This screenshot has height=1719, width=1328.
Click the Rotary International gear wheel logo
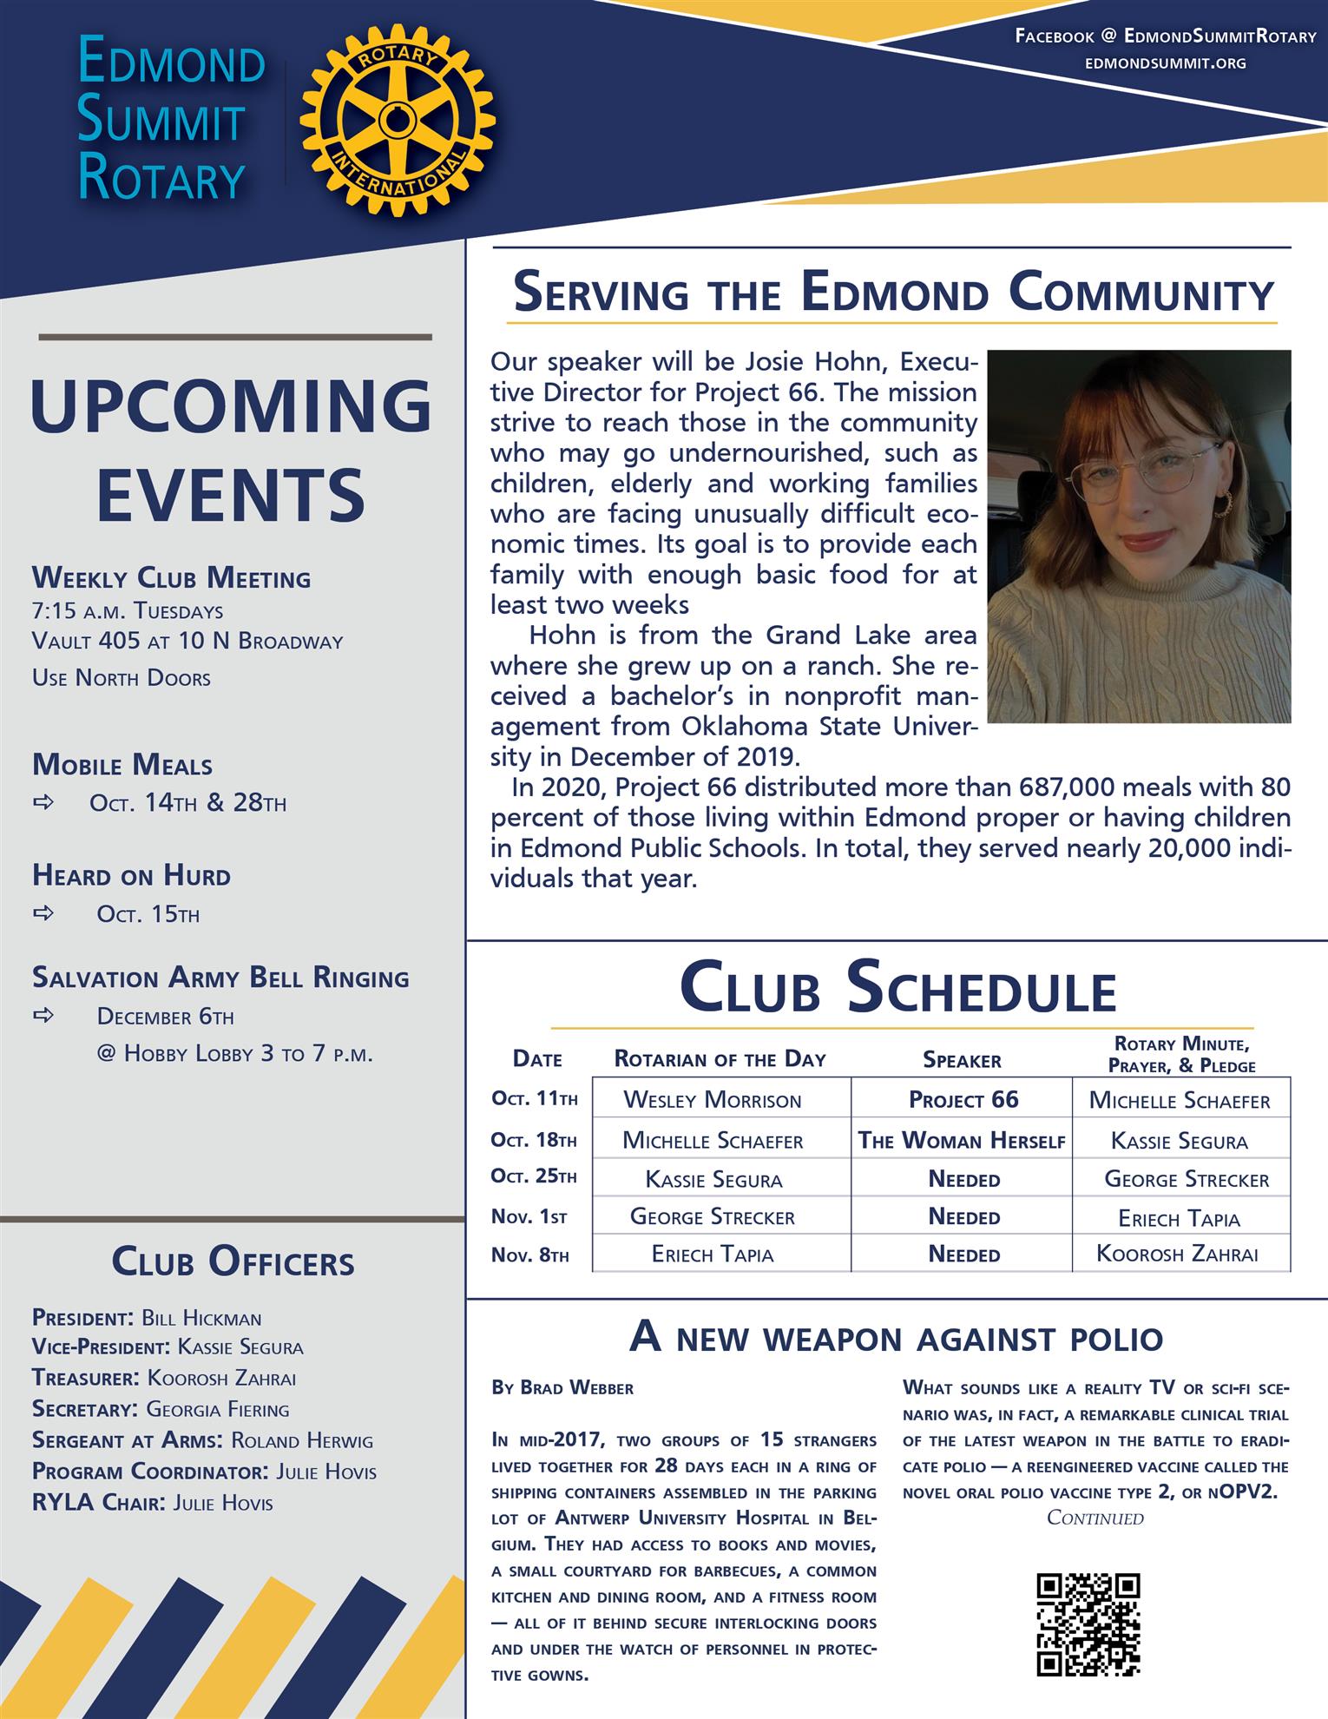[398, 121]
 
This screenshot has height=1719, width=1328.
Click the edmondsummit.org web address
[1165, 63]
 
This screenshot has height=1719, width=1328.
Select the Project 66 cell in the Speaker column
[963, 1100]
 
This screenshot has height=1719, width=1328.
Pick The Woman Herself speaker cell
[962, 1141]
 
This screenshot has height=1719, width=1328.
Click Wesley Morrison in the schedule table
[713, 1101]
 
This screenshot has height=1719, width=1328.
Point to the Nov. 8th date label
[530, 1255]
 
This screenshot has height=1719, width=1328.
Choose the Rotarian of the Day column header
[720, 1059]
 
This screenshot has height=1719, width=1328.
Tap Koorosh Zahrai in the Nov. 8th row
[1177, 1254]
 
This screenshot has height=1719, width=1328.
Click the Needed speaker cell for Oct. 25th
[963, 1179]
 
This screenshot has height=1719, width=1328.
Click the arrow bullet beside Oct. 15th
[43, 913]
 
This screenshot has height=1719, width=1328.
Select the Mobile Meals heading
[122, 766]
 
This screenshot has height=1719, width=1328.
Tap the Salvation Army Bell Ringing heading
[220, 978]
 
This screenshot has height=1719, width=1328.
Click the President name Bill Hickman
[201, 1318]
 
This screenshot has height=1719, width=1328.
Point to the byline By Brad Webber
[562, 1388]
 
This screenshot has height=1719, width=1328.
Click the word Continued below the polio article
[1095, 1518]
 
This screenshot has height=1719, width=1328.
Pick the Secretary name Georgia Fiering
[217, 1409]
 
